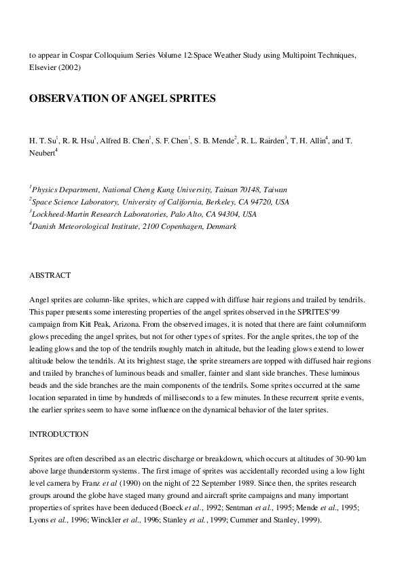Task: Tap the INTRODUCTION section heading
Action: click(x=60, y=432)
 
